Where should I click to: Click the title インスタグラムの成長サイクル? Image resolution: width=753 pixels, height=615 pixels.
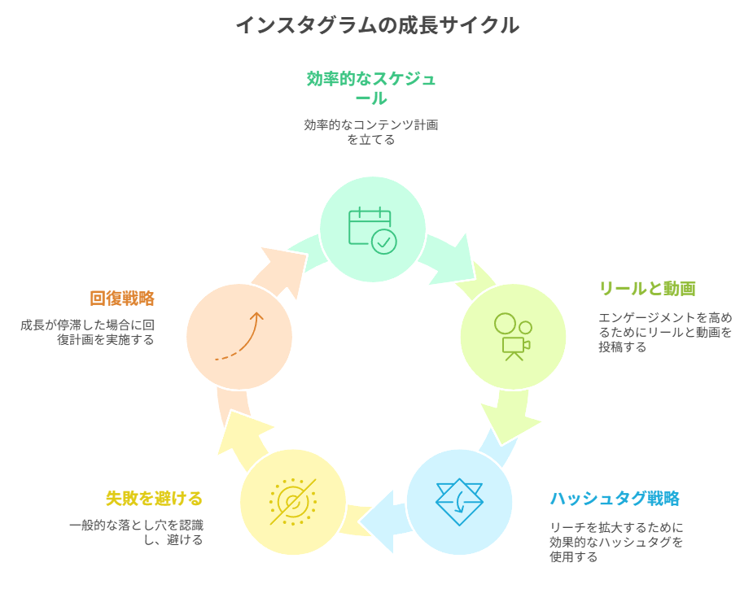coord(377,25)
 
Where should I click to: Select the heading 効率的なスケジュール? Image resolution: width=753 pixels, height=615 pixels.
coord(371,88)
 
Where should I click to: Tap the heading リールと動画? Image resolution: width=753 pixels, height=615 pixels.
coord(647,289)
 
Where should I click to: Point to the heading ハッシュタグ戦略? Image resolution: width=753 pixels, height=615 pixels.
coord(615,499)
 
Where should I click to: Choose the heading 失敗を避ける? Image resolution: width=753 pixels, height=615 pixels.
coord(154,499)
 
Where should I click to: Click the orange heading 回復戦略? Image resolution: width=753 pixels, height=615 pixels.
coord(122,299)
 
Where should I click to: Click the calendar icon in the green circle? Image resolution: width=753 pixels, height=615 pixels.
coord(372,230)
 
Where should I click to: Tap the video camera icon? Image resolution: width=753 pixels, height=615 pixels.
coord(513,337)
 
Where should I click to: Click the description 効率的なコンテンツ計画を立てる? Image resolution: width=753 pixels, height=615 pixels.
coord(371,132)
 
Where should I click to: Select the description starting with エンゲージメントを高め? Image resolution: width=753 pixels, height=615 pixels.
coord(665,332)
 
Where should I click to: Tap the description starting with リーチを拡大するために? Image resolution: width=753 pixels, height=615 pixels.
coord(616,542)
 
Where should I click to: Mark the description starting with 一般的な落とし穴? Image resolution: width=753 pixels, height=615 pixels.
coord(136,532)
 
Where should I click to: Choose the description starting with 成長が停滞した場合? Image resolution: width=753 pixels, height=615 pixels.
coord(88,332)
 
